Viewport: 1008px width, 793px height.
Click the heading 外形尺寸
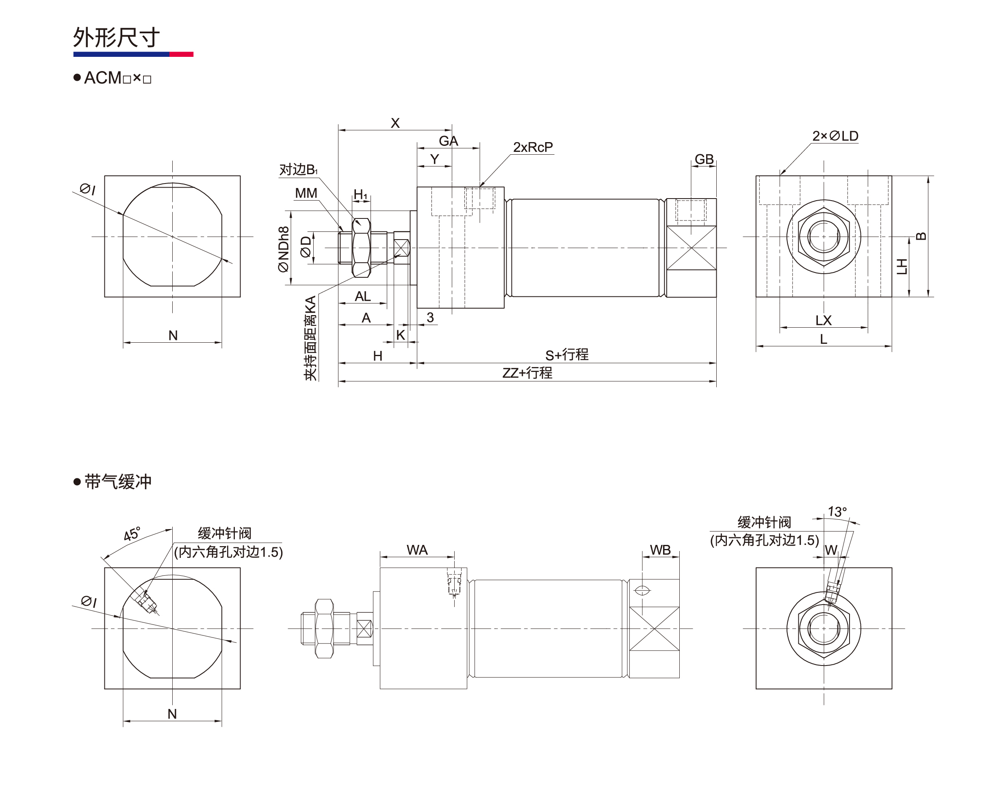click(x=116, y=37)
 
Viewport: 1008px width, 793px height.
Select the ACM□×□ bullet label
click(x=117, y=78)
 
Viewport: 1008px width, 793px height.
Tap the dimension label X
click(x=395, y=123)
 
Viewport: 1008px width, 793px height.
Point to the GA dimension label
click(x=448, y=140)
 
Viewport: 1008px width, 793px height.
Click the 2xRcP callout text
click(x=533, y=147)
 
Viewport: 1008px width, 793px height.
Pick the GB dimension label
click(x=704, y=159)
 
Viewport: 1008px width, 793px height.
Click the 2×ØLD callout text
click(x=835, y=136)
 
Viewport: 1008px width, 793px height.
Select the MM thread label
click(x=306, y=193)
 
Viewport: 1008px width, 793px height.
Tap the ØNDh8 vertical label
click(x=283, y=249)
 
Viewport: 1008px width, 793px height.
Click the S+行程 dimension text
click(x=566, y=355)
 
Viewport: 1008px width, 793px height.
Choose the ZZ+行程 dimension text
click(x=527, y=373)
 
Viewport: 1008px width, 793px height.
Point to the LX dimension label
click(x=823, y=320)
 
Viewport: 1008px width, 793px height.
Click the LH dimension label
click(x=902, y=266)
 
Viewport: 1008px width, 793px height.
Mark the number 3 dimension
click(x=430, y=318)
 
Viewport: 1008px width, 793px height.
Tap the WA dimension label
click(x=417, y=550)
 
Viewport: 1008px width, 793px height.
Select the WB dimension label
click(x=660, y=550)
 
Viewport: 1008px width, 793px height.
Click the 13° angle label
click(x=837, y=512)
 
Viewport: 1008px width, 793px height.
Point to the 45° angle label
click(x=132, y=534)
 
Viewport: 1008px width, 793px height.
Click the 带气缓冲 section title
click(x=117, y=482)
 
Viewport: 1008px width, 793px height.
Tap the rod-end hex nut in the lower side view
click(x=324, y=628)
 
